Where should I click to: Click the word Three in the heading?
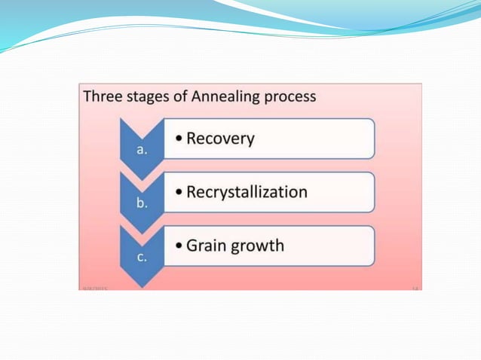[x=103, y=97]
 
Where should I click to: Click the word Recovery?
[x=220, y=139]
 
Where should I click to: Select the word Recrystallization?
[x=247, y=192]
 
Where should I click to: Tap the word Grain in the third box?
[x=207, y=246]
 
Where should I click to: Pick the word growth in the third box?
[x=259, y=246]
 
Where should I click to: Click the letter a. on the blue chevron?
[x=142, y=150]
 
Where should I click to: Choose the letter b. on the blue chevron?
[x=142, y=203]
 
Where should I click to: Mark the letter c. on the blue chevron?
[x=142, y=257]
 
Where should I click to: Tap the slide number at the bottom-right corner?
[x=414, y=288]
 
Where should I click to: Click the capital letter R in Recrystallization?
[x=192, y=192]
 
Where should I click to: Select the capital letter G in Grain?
[x=193, y=246]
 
